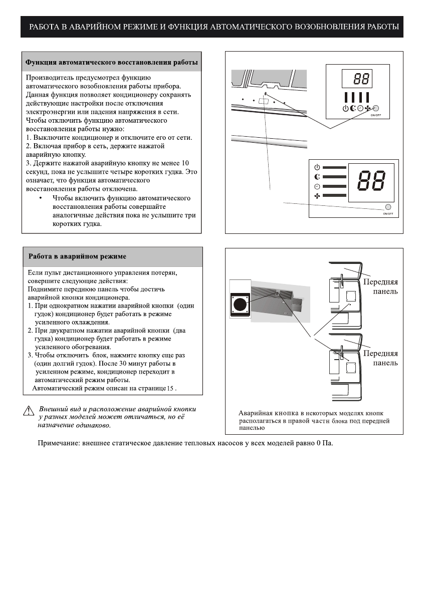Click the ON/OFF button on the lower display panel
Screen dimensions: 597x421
(x=388, y=207)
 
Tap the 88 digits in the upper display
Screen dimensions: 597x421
(x=361, y=78)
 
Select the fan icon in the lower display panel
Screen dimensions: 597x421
(x=317, y=196)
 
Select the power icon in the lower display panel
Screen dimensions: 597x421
(x=317, y=167)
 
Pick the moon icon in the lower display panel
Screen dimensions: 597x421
(x=317, y=176)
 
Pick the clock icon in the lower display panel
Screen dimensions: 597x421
(x=317, y=186)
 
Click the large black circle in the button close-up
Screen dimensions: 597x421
(x=240, y=305)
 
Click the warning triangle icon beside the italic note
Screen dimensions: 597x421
(x=28, y=411)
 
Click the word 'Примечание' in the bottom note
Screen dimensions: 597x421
(x=59, y=444)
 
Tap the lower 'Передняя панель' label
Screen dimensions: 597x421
(x=381, y=358)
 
